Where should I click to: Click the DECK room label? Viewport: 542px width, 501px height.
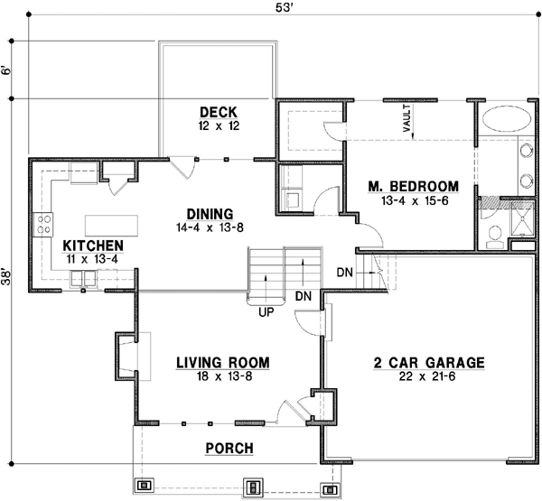218,112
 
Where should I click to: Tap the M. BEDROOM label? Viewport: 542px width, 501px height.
414,186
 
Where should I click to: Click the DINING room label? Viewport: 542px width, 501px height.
210,214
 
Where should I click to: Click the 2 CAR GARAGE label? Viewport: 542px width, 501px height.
430,363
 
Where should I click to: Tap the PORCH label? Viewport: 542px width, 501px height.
229,448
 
